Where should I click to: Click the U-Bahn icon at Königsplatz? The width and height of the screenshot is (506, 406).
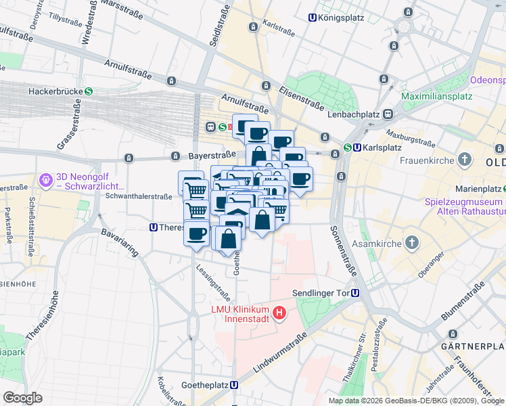(x=313, y=18)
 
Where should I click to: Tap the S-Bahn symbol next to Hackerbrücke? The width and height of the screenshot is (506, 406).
(x=89, y=91)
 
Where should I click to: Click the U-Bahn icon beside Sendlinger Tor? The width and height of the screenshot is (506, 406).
(x=355, y=293)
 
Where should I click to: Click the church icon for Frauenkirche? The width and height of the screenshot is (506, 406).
(x=464, y=160)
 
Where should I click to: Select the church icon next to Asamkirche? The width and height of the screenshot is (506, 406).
(x=412, y=243)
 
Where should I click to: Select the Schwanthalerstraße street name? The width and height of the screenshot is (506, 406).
(x=139, y=196)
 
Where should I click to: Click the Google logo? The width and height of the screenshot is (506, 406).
(x=22, y=397)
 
